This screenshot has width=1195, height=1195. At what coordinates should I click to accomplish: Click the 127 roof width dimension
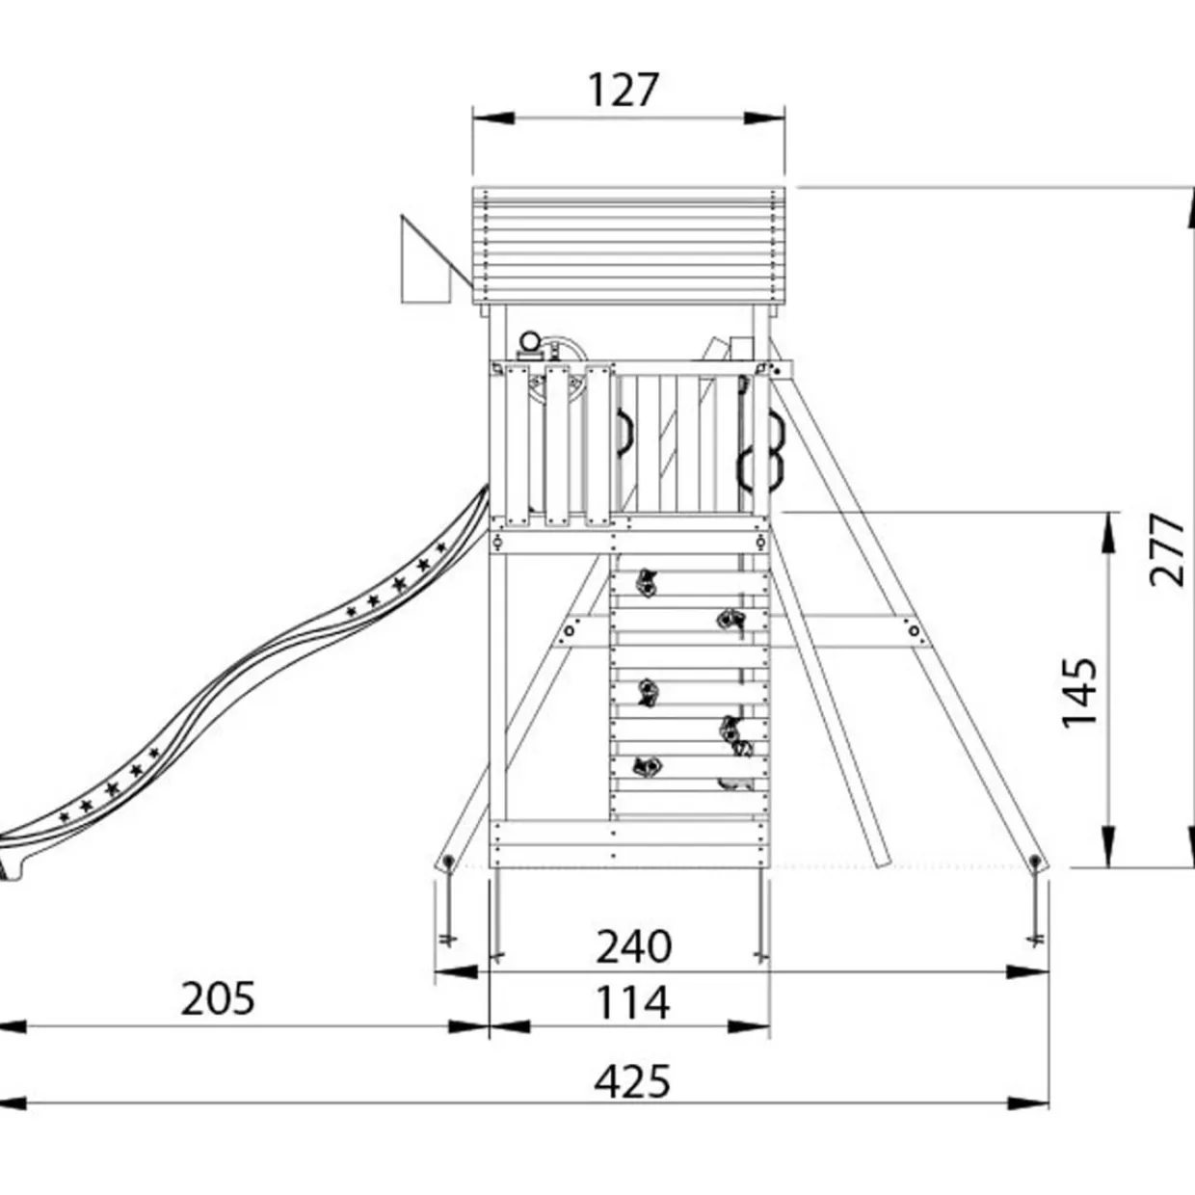(622, 91)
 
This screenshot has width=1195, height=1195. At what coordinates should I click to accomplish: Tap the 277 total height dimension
(1166, 549)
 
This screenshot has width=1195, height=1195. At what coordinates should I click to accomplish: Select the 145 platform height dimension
(1079, 693)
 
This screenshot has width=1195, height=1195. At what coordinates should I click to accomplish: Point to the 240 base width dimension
(633, 945)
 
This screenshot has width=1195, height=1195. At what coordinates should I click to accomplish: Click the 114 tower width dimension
(632, 1003)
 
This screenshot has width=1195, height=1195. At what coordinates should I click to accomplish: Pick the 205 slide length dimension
(218, 997)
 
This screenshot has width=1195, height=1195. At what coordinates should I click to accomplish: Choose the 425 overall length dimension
(632, 1081)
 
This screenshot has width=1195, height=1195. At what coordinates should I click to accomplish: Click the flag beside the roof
(434, 260)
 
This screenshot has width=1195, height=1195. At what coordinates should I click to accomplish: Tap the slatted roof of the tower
(628, 246)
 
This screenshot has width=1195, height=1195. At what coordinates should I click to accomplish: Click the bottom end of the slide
(12, 860)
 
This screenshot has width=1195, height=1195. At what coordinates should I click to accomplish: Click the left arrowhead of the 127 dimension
(493, 118)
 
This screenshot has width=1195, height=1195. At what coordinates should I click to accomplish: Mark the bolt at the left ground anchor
(448, 861)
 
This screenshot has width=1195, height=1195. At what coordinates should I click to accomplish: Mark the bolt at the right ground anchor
(1034, 861)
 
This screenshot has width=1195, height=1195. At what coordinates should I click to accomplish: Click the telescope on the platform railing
(534, 345)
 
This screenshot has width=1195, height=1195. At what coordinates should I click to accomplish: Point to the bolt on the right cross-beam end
(914, 631)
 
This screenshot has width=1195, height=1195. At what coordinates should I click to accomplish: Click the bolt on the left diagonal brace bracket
(569, 631)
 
